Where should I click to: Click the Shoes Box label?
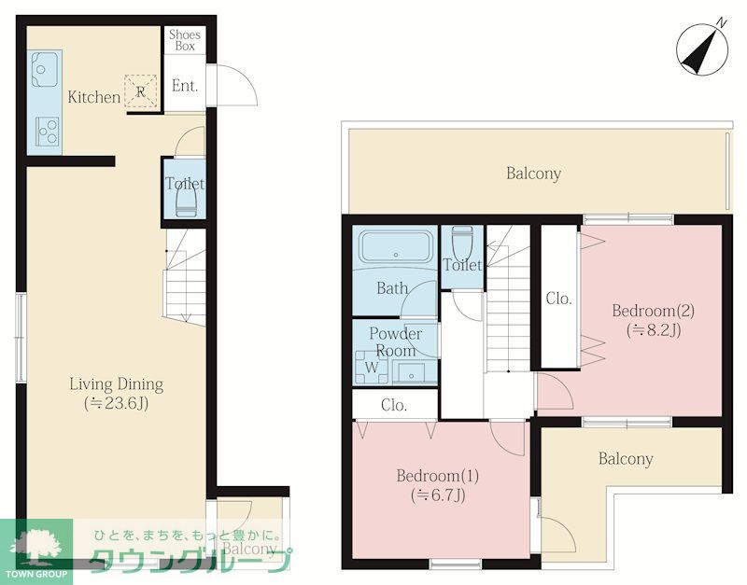click(x=185, y=40)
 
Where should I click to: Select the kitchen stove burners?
click(x=48, y=132)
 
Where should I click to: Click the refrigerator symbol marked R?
click(x=141, y=91)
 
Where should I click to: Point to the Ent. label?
click(x=184, y=86)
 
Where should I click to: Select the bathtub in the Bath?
click(x=396, y=246)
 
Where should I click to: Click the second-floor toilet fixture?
click(x=462, y=242)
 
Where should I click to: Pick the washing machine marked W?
click(x=372, y=367)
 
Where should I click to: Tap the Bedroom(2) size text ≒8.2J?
click(x=654, y=330)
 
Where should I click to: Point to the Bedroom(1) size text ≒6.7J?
click(x=438, y=495)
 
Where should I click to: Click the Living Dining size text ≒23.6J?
click(x=116, y=404)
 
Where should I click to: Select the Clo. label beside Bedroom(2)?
click(x=558, y=299)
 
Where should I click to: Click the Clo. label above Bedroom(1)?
click(x=394, y=405)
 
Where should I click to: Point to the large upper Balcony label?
click(x=533, y=174)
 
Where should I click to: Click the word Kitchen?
click(x=94, y=97)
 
